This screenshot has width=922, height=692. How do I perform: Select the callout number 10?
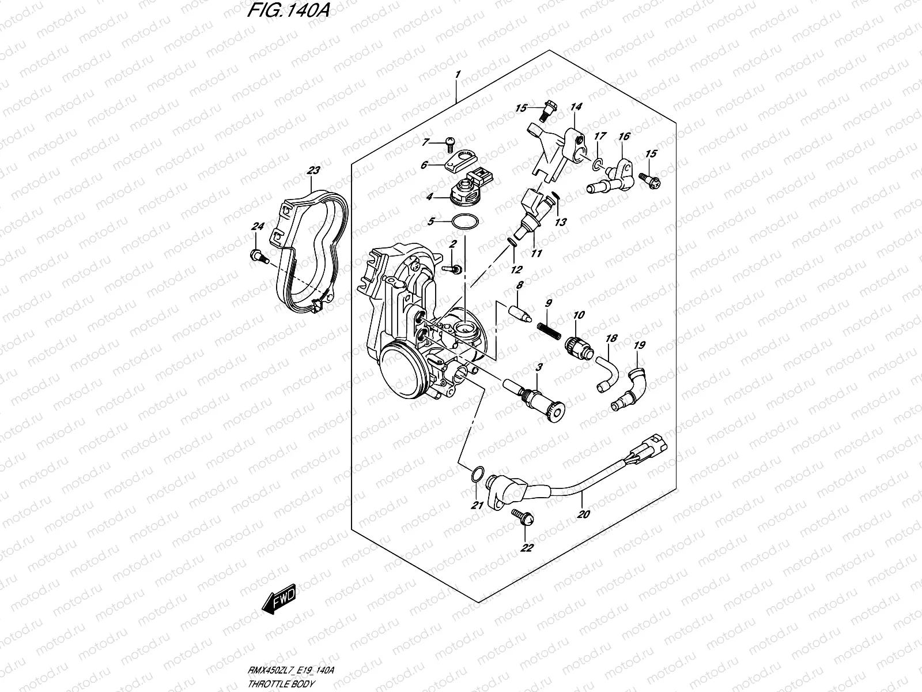579,315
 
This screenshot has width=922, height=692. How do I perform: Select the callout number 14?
576,107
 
